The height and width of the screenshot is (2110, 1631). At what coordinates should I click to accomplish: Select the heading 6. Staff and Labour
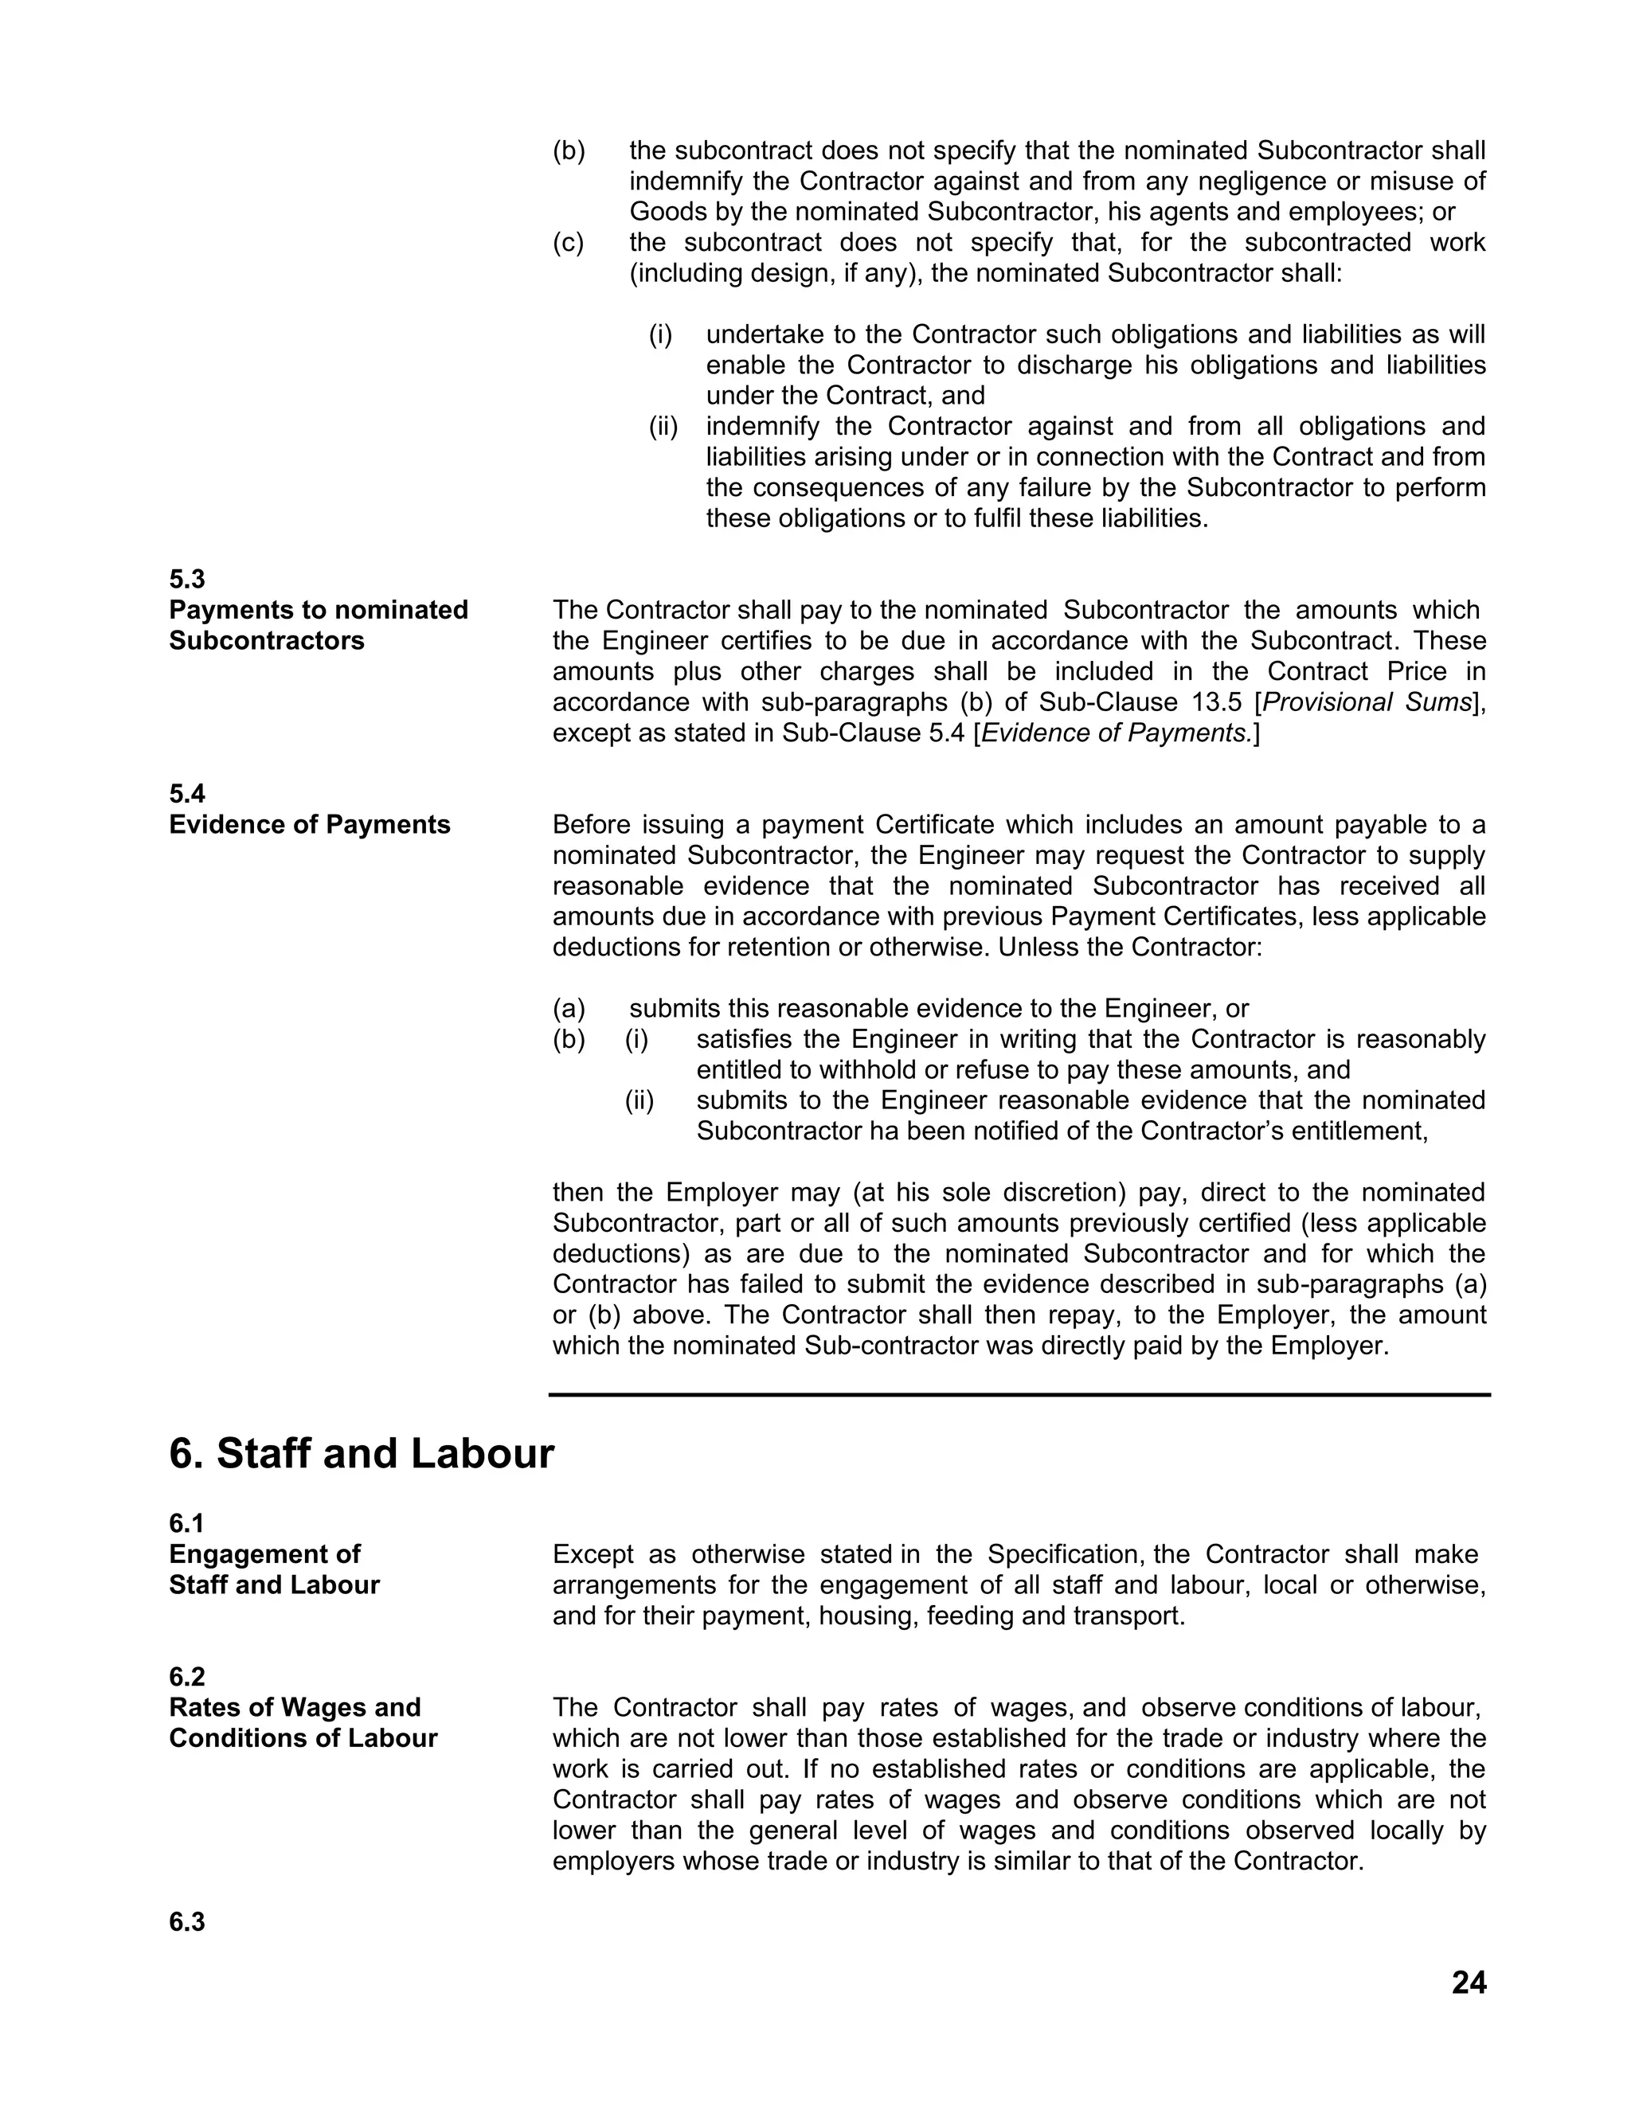(x=362, y=1454)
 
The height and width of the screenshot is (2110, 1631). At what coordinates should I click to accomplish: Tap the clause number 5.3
(x=186, y=579)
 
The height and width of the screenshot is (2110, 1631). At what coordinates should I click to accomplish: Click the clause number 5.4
(x=186, y=793)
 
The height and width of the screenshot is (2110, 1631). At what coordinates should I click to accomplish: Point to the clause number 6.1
(x=186, y=1523)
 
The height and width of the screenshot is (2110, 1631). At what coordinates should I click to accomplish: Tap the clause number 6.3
(x=186, y=1921)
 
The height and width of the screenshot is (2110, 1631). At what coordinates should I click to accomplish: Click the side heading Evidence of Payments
(x=309, y=824)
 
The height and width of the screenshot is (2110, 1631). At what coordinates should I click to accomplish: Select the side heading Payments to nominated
(x=318, y=610)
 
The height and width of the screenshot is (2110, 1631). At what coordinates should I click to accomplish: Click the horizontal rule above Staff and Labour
(x=1019, y=1394)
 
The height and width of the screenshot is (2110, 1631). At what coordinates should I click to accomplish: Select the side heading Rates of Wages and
(x=295, y=1707)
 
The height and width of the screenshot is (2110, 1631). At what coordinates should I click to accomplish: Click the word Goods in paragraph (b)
(x=666, y=212)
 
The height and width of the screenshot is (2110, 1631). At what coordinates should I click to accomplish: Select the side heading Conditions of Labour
(x=303, y=1738)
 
